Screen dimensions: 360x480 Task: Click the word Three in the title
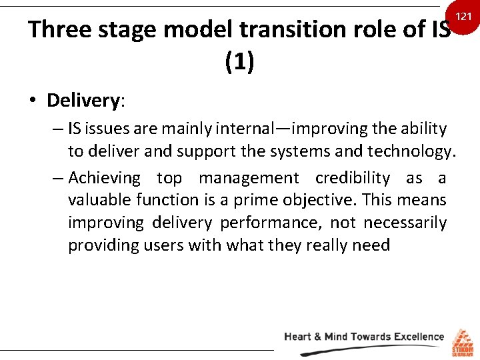pos(61,31)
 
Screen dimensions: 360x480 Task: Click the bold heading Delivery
pos(83,101)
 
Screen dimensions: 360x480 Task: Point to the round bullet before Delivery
pos(32,101)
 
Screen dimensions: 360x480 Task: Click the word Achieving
pos(104,178)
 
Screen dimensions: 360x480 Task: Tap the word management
pos(249,178)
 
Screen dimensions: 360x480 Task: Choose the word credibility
pos(353,178)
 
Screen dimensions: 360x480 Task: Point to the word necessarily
pos(405,223)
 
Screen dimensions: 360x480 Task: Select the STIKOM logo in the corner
pos(462,341)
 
